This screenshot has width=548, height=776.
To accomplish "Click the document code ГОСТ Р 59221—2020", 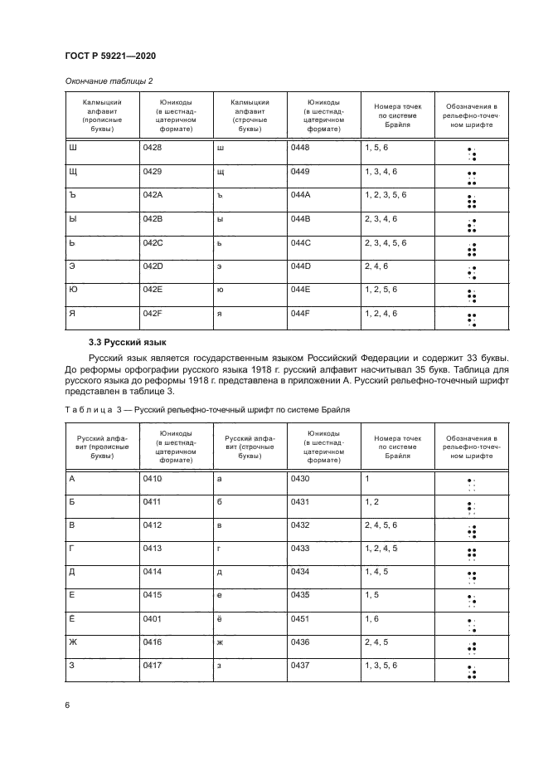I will [109, 56].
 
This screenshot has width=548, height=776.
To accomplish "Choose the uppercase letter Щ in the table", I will [71, 172].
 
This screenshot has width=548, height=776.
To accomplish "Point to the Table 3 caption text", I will [207, 409].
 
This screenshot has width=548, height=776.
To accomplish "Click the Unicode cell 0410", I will [153, 479].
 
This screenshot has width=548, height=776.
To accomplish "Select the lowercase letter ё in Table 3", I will [219, 618].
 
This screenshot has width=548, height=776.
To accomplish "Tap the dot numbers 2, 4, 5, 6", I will [384, 525].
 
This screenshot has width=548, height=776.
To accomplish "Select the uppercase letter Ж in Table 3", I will [72, 642].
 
